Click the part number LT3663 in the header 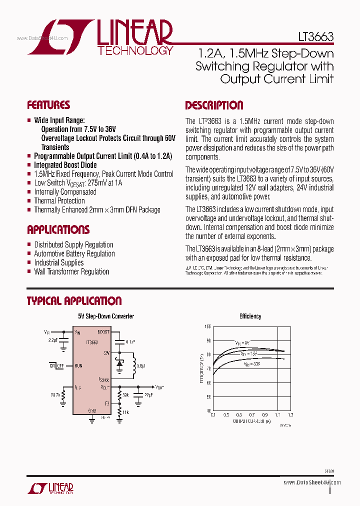pyautogui.click(x=313, y=37)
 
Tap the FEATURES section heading pyautogui.click(x=48, y=105)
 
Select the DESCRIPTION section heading pyautogui.click(x=214, y=105)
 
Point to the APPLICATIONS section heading pyautogui.click(x=58, y=230)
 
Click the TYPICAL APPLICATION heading pyautogui.click(x=74, y=301)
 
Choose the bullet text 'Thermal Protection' pyautogui.click(x=59, y=201)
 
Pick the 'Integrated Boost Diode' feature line pyautogui.click(x=65, y=165)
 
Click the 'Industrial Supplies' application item pyautogui.click(x=58, y=262)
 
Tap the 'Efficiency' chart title pyautogui.click(x=250, y=316)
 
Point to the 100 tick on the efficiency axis pyautogui.click(x=207, y=326)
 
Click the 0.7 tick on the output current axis pyautogui.click(x=251, y=415)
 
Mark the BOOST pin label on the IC pyautogui.click(x=103, y=331)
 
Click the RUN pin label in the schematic pyautogui.click(x=78, y=365)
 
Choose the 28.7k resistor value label pyautogui.click(x=55, y=395)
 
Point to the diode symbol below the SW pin pyautogui.click(x=119, y=364)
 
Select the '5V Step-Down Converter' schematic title pyautogui.click(x=106, y=316)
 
